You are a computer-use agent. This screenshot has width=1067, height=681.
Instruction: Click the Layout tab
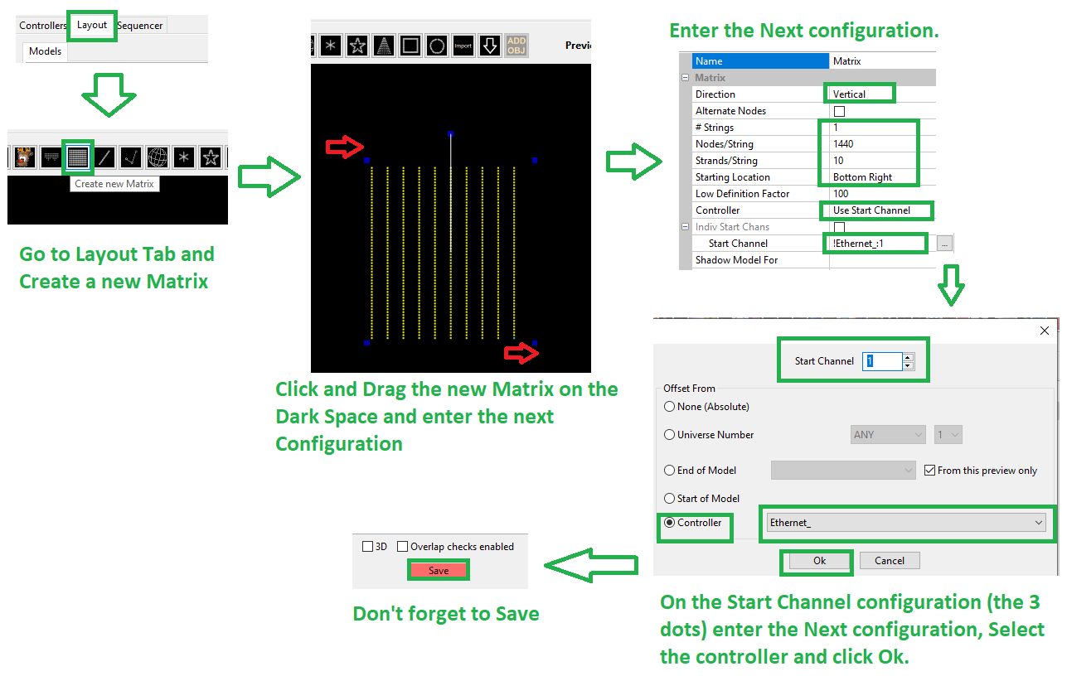coord(91,25)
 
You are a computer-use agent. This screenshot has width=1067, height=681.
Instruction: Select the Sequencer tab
coord(140,26)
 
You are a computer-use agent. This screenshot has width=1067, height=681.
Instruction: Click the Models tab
coord(46,51)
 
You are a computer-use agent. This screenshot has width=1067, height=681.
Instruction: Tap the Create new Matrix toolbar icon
coord(78,157)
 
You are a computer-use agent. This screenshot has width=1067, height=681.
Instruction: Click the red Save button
coord(439,570)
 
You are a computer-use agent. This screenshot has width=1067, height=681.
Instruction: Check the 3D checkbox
coord(367,546)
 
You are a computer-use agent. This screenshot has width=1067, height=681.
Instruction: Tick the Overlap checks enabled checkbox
coord(402,546)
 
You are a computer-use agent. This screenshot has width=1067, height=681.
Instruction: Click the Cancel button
coord(890,561)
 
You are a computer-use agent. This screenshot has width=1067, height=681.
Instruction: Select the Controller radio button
coord(669,523)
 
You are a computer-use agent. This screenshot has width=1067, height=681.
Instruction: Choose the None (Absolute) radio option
coord(669,407)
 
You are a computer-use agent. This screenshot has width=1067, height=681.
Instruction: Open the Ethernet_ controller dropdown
coord(906,523)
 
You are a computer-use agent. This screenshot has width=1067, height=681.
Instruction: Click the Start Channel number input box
coord(882,361)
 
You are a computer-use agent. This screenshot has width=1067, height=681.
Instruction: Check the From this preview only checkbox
coord(929,471)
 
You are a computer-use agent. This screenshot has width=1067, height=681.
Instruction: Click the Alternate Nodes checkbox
coord(839,111)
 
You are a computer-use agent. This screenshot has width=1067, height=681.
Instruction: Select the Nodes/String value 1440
coord(843,143)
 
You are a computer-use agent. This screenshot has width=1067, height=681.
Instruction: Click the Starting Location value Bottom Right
coord(862,177)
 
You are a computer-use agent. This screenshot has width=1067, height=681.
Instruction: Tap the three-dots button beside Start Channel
coord(944,244)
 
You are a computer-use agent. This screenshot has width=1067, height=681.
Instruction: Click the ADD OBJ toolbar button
coord(517,46)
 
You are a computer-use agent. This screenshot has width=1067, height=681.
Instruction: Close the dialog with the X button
coord(1045,331)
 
